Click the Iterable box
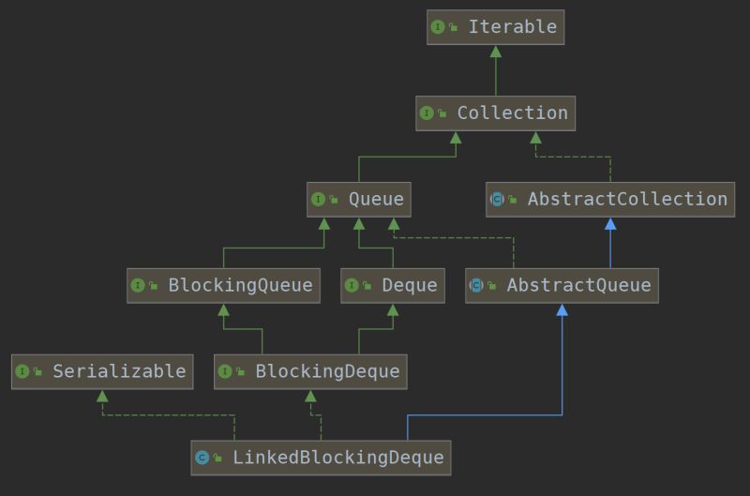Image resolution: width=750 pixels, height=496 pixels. (495, 27)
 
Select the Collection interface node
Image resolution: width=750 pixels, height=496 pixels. (495, 113)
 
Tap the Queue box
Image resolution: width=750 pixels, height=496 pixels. (359, 199)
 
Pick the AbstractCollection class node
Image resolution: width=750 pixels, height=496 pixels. (609, 199)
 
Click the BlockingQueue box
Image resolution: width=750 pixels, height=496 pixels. (223, 285)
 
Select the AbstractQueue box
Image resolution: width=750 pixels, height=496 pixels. (562, 285)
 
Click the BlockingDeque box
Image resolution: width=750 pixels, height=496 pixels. (310, 371)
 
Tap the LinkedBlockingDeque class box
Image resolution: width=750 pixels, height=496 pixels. (321, 458)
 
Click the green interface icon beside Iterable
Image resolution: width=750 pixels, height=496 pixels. (438, 27)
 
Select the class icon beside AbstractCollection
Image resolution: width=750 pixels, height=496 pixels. (497, 199)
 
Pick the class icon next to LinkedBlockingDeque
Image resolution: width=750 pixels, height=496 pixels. (202, 458)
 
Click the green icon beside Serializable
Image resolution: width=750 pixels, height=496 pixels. (22, 371)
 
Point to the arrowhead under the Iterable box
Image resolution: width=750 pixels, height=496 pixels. (495, 52)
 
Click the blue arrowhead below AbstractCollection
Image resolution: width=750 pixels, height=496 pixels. (610, 224)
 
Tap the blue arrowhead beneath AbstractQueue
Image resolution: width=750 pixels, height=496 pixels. (562, 310)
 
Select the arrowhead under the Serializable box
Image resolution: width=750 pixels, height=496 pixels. (102, 396)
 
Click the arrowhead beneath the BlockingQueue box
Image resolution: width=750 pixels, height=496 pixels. (223, 310)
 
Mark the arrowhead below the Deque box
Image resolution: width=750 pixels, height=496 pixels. (393, 310)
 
